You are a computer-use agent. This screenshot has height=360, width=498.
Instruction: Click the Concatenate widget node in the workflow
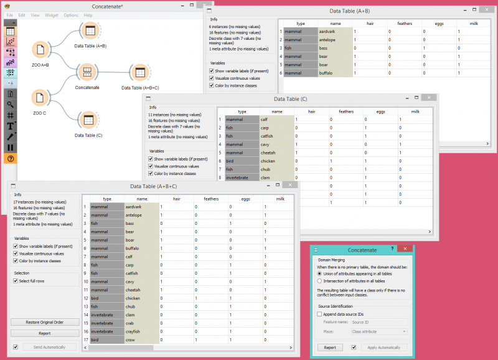click(87, 72)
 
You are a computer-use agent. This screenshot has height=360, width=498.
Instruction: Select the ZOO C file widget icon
click(39, 98)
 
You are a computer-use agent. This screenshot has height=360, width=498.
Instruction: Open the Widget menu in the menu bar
click(52, 15)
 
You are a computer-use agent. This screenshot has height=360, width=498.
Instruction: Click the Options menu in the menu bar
click(71, 15)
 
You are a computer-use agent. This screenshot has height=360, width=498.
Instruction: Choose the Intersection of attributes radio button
click(320, 281)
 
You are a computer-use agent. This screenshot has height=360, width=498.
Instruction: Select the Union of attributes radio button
click(320, 273)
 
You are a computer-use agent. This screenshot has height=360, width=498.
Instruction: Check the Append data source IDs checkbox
click(320, 315)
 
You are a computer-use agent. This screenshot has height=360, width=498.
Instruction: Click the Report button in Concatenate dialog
click(330, 348)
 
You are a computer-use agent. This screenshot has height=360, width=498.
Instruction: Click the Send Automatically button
click(49, 346)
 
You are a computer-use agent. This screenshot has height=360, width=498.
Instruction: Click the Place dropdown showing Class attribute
click(378, 331)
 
